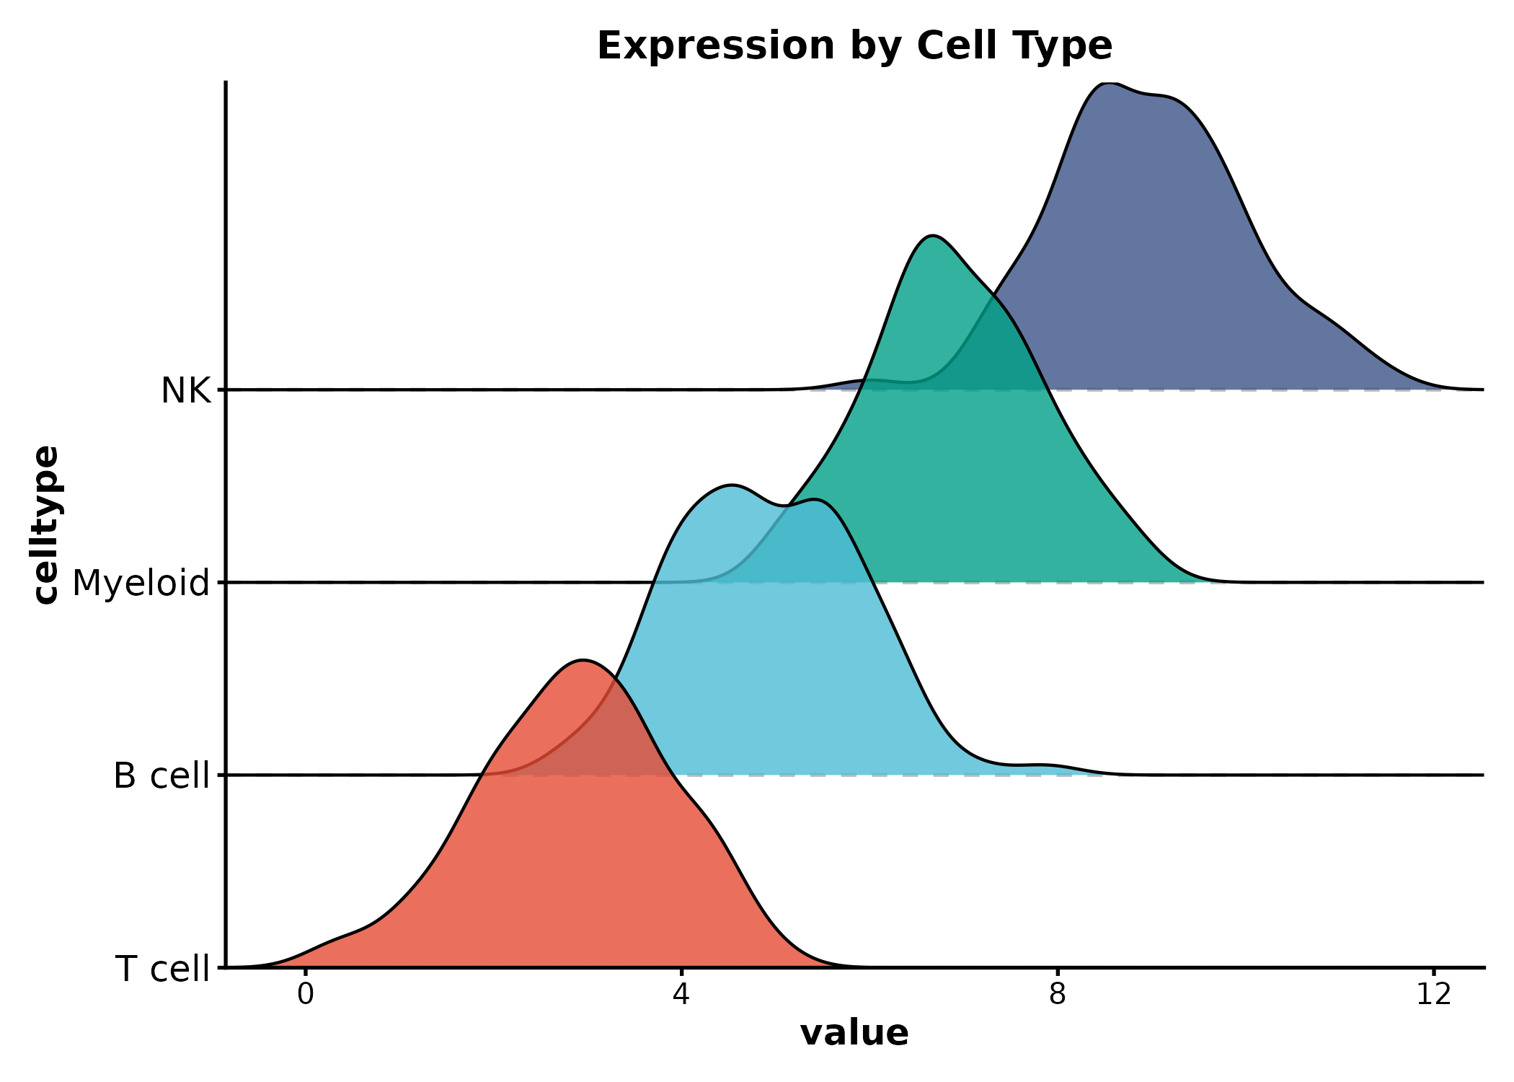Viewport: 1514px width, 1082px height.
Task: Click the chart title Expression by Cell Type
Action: tap(854, 46)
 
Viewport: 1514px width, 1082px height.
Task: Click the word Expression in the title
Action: tap(715, 46)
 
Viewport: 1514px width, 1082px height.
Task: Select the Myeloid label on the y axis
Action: tap(141, 583)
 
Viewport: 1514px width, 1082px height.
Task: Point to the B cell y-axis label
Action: tap(161, 776)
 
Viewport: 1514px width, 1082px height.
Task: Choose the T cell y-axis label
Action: tap(162, 969)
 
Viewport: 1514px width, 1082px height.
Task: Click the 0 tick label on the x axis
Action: tap(305, 995)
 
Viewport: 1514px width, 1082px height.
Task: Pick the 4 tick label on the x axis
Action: tap(681, 995)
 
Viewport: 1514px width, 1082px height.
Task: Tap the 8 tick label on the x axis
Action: tap(1057, 995)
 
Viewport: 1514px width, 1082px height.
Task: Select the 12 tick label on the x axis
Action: tap(1433, 995)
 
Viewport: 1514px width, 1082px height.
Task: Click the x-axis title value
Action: tap(854, 1033)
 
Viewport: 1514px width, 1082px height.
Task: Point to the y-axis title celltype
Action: tap(46, 524)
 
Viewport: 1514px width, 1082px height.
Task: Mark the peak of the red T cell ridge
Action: tap(583, 660)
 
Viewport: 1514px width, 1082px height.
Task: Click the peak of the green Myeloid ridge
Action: tap(932, 236)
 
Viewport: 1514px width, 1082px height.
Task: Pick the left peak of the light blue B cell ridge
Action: tap(731, 485)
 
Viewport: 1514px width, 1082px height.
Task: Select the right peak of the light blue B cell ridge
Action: tap(815, 499)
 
